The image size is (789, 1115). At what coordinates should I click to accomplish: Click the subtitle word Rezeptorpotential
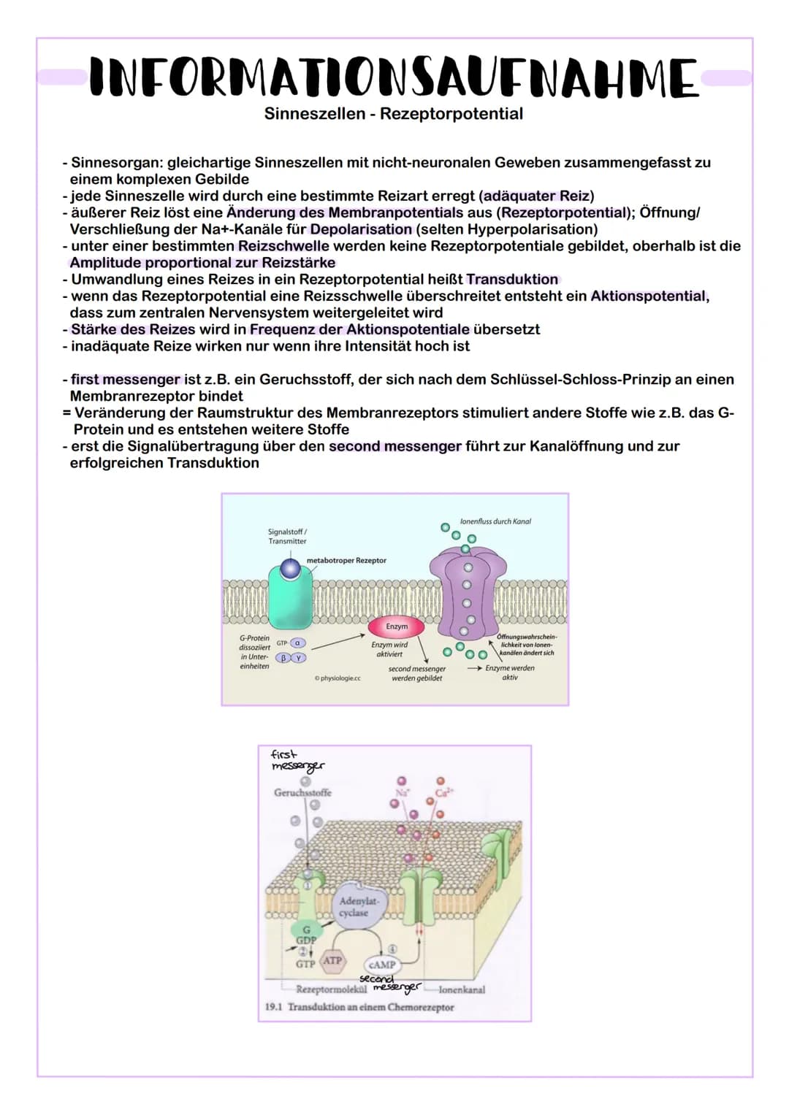click(x=451, y=114)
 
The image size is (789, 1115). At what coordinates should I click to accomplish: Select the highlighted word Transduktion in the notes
click(x=512, y=280)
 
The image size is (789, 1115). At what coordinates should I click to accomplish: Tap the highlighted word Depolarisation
click(x=361, y=229)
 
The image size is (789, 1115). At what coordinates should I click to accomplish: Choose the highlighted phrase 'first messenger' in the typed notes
click(x=125, y=380)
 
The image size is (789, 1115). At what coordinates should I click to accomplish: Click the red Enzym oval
click(x=397, y=627)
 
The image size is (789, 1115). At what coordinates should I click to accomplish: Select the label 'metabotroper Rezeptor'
click(x=346, y=561)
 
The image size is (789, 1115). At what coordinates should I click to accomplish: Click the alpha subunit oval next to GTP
click(x=298, y=643)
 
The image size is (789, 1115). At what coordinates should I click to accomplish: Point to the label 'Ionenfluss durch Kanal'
click(x=495, y=521)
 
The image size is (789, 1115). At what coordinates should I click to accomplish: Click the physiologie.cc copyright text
click(x=338, y=678)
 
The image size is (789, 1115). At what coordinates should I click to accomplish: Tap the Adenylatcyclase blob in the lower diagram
click(x=354, y=908)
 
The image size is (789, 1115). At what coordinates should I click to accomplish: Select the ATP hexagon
click(x=332, y=960)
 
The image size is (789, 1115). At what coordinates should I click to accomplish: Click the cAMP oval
click(x=381, y=965)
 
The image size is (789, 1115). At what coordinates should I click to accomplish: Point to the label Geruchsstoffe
click(x=302, y=792)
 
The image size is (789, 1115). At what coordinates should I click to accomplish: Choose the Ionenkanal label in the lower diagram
click(x=461, y=990)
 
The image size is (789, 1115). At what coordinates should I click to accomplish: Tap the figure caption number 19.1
click(x=273, y=1007)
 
